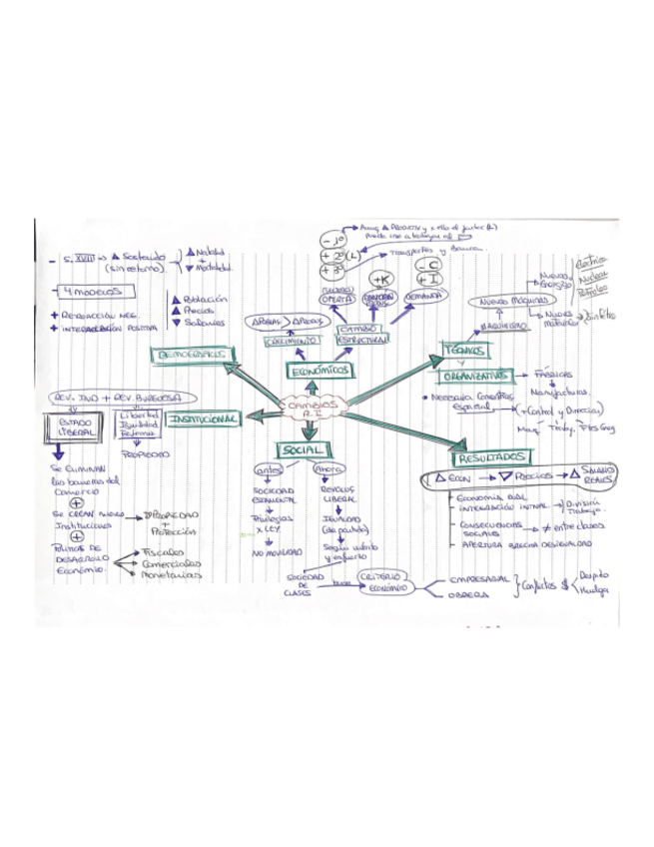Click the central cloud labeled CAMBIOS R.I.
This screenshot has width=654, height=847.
pyautogui.click(x=311, y=409)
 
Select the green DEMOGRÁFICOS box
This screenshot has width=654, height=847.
pyautogui.click(x=190, y=355)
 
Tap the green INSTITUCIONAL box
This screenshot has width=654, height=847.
pyautogui.click(x=203, y=421)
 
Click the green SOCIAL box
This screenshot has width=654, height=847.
pyautogui.click(x=301, y=451)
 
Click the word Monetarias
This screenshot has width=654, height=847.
pyautogui.click(x=171, y=575)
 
